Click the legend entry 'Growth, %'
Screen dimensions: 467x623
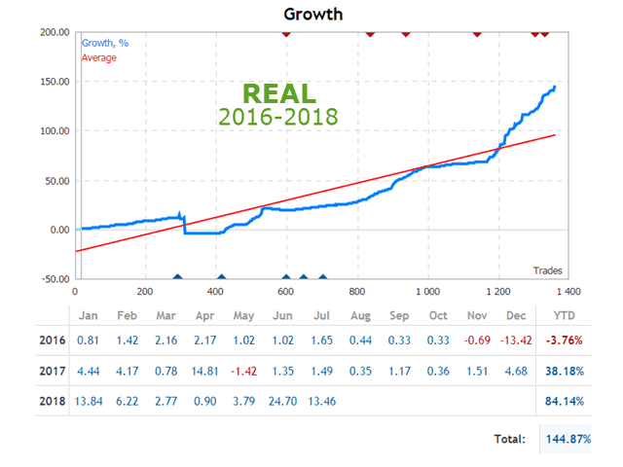pos(105,43)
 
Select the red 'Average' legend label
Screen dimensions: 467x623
pos(98,57)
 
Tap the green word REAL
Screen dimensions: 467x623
pos(278,94)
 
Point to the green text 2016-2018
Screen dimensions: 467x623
pos(278,118)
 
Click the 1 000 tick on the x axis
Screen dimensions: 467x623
pos(426,291)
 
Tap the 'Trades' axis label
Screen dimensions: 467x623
pos(547,269)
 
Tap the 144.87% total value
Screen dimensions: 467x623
pos(567,439)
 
